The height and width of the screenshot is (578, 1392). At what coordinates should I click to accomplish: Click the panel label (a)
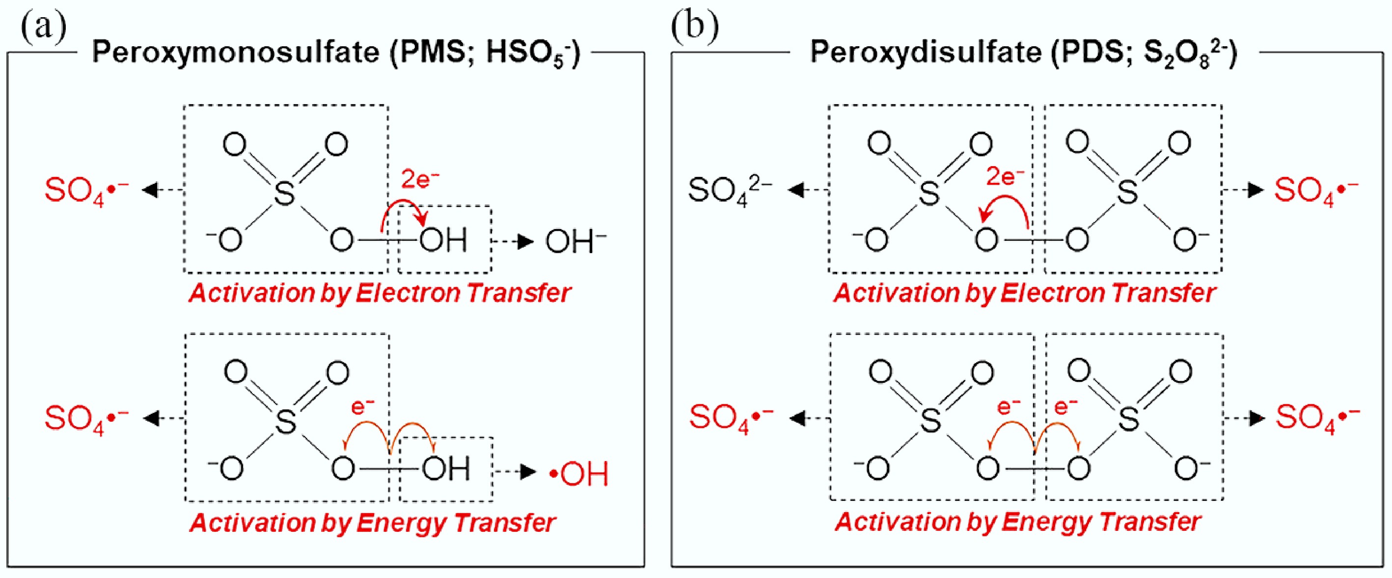click(43, 27)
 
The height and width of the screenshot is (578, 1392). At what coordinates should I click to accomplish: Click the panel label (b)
click(695, 27)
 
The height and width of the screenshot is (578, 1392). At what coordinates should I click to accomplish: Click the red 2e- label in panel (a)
click(419, 179)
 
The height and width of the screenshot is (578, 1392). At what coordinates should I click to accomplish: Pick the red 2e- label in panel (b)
click(1005, 176)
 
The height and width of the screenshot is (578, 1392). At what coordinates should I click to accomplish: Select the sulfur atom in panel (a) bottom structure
click(286, 421)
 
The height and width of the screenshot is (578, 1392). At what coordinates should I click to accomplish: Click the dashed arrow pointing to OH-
click(514, 242)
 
